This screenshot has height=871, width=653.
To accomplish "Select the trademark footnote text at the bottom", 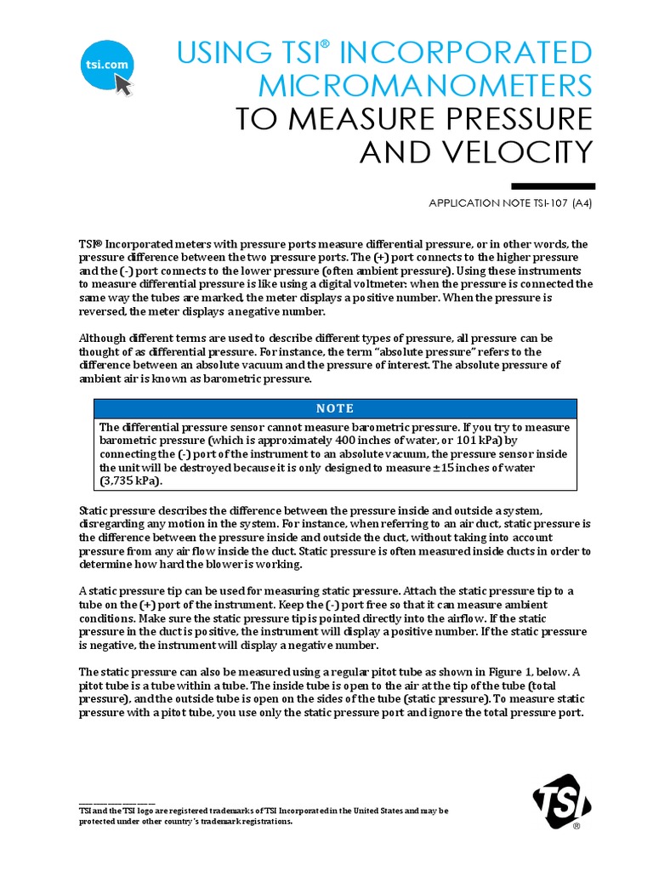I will pyautogui.click(x=264, y=817).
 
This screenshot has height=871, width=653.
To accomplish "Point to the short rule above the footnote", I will pyautogui.click(x=116, y=804).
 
